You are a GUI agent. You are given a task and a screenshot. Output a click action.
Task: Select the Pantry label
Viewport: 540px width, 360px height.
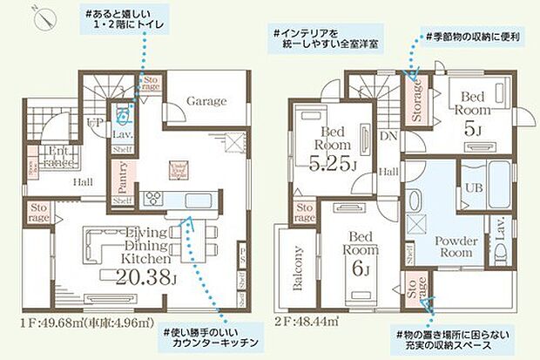tap(122, 177)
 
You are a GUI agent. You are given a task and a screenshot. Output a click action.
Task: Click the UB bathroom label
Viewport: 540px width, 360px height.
tap(476, 187)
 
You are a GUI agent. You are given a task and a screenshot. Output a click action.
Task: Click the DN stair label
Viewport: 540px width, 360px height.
tap(389, 138)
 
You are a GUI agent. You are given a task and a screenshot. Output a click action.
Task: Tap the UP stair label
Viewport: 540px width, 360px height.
tap(94, 122)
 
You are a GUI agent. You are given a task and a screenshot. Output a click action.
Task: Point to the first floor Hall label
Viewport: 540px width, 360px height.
tap(84, 182)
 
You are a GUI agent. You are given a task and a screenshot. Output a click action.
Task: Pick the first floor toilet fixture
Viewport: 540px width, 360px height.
tap(124, 114)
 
